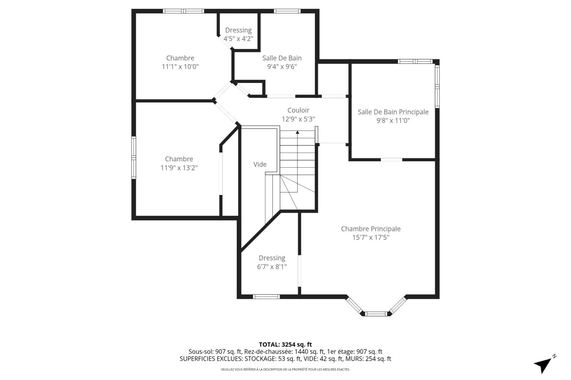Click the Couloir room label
click(298, 110)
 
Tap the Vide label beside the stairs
click(260, 164)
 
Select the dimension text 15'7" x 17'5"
click(371, 237)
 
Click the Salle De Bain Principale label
click(393, 112)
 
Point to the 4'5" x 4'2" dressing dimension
click(238, 39)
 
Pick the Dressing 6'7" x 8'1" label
click(272, 258)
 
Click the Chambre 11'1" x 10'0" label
click(180, 58)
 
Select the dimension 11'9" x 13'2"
click(179, 168)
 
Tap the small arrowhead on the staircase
click(297, 132)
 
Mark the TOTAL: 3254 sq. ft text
click(285, 345)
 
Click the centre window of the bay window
click(376, 314)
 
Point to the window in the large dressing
click(266, 296)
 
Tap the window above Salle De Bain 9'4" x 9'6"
click(287, 11)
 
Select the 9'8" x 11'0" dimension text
click(393, 121)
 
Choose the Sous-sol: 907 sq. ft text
click(215, 352)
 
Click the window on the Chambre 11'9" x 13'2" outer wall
click(134, 157)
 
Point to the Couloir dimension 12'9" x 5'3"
click(298, 119)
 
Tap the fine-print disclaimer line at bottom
click(285, 370)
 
